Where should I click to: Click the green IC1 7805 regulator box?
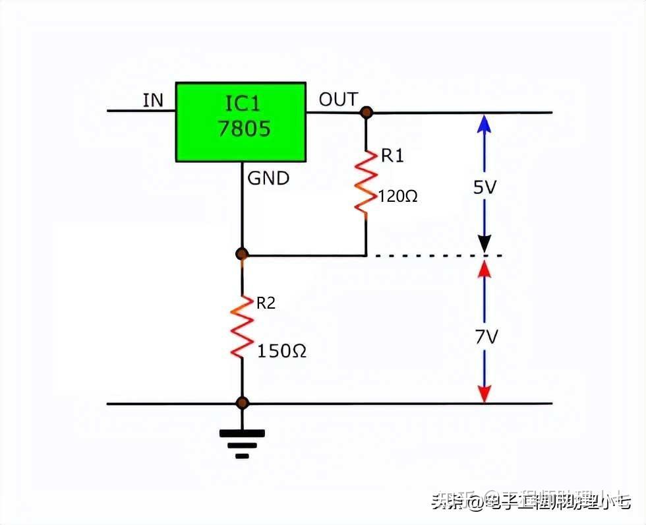click(241, 121)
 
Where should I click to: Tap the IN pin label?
click(153, 100)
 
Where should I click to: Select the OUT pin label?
click(338, 100)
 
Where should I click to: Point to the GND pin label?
click(268, 178)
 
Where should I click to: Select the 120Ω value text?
click(398, 196)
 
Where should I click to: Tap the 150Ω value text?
click(281, 351)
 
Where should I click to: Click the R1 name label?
click(392, 156)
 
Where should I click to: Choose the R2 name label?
click(266, 303)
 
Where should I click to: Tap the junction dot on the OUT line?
click(366, 113)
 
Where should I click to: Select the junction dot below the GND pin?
click(242, 254)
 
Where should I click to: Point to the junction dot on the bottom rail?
click(242, 403)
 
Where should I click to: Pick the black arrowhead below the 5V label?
click(484, 245)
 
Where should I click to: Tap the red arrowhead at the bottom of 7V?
click(484, 394)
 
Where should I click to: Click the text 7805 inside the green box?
click(243, 129)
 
